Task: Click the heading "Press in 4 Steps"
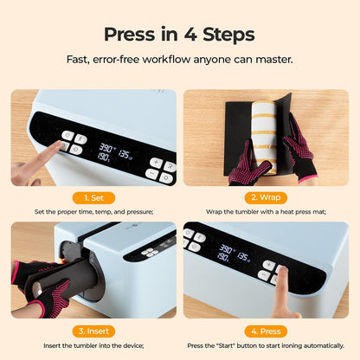(x=179, y=35)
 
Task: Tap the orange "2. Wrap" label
(x=265, y=196)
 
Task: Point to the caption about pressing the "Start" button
(x=265, y=344)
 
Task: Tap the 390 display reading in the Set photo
(x=106, y=149)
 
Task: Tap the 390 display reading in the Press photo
(x=227, y=249)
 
